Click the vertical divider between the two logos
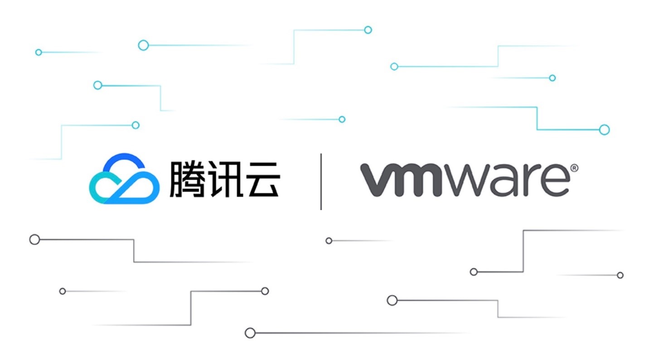pyautogui.click(x=321, y=181)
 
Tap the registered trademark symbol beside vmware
pyautogui.click(x=574, y=168)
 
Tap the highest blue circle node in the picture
pyautogui.click(x=368, y=30)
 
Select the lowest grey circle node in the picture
pyautogui.click(x=250, y=333)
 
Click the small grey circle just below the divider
pyautogui.click(x=329, y=241)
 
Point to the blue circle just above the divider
pyautogui.click(x=342, y=119)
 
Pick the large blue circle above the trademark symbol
pyautogui.click(x=604, y=130)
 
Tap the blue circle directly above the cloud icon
pyautogui.click(x=135, y=125)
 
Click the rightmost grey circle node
pyautogui.click(x=620, y=275)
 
